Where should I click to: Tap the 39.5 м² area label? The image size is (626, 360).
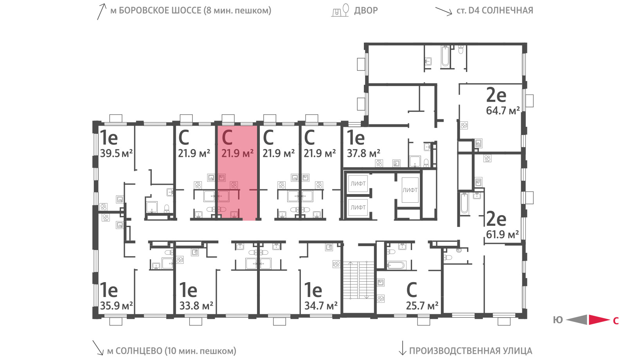(x=116, y=153)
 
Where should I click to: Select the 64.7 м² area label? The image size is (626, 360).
(x=503, y=111)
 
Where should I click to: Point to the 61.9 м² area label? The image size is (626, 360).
(x=502, y=234)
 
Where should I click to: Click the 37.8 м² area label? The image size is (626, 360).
(x=363, y=153)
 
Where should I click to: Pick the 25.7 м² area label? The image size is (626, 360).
(x=422, y=306)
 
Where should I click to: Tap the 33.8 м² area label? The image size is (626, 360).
(x=196, y=306)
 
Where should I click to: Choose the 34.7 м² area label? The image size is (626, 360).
(x=321, y=306)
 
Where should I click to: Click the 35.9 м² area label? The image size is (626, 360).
(x=116, y=306)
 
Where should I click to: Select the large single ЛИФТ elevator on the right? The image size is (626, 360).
(x=410, y=190)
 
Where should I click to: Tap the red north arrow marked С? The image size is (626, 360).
(x=599, y=320)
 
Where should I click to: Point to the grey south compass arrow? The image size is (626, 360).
(x=577, y=320)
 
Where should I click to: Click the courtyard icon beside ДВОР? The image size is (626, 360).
(x=340, y=10)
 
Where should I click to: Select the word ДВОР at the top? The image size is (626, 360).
(x=366, y=11)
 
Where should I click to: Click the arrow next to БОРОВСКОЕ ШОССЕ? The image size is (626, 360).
(x=101, y=11)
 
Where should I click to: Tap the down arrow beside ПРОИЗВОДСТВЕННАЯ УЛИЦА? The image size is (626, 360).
(x=402, y=348)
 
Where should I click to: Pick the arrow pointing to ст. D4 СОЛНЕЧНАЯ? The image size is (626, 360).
(x=444, y=11)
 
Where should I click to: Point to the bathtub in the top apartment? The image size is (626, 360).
(x=445, y=57)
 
